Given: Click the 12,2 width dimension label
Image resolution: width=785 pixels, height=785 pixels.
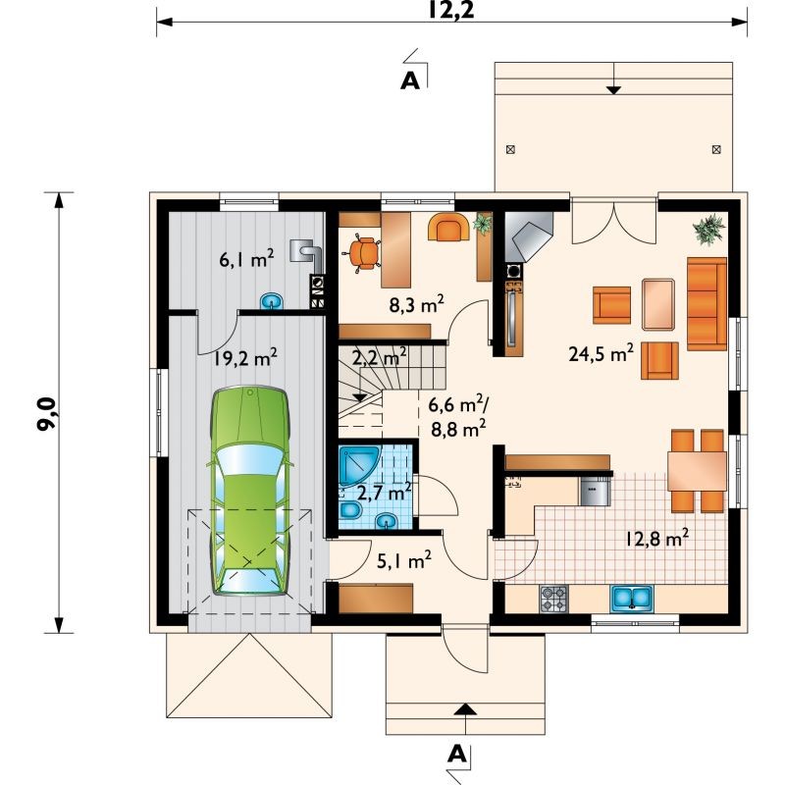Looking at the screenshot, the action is pyautogui.click(x=450, y=10).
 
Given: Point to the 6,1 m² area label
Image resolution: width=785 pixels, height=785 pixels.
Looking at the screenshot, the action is pyautogui.click(x=246, y=258).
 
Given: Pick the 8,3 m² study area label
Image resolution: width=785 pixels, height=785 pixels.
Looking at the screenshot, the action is pyautogui.click(x=416, y=303).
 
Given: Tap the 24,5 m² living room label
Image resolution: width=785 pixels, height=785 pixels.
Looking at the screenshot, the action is pyautogui.click(x=602, y=353).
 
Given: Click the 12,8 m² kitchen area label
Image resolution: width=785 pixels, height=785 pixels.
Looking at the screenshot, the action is pyautogui.click(x=656, y=538).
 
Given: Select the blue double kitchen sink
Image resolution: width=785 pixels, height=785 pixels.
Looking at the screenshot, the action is pyautogui.click(x=632, y=599).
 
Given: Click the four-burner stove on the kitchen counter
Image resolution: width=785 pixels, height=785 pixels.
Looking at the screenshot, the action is pyautogui.click(x=553, y=599).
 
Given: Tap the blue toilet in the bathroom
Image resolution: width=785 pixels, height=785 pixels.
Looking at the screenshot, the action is pyautogui.click(x=351, y=511).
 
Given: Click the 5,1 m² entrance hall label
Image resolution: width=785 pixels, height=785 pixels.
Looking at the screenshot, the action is pyautogui.click(x=404, y=560).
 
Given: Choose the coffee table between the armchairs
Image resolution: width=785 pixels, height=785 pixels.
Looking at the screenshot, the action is pyautogui.click(x=657, y=304).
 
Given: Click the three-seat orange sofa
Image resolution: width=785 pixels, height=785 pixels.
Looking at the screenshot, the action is pyautogui.click(x=706, y=304).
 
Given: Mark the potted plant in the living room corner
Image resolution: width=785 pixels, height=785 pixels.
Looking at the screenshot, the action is pyautogui.click(x=708, y=230).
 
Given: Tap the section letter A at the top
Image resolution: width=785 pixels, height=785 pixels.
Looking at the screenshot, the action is pyautogui.click(x=410, y=80).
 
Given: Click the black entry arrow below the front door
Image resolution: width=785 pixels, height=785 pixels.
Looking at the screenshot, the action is pyautogui.click(x=465, y=708).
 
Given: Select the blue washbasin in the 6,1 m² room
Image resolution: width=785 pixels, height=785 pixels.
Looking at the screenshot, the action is pyautogui.click(x=272, y=300).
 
